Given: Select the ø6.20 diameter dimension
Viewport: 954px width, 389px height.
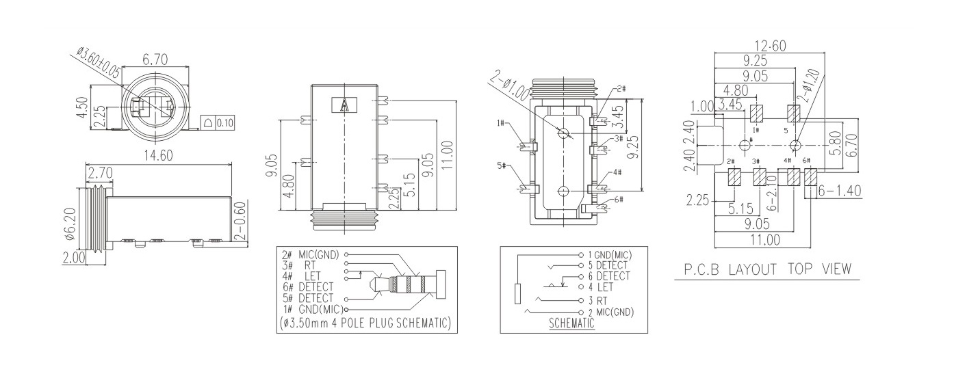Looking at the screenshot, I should [x=70, y=222].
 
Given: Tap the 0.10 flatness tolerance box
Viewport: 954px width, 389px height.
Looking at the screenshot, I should [x=224, y=123].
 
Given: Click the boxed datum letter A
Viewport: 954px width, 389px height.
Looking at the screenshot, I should [x=344, y=105].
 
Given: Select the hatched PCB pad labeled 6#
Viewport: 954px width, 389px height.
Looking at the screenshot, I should [x=811, y=178].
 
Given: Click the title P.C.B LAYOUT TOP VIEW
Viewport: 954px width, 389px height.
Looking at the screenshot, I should [x=769, y=269].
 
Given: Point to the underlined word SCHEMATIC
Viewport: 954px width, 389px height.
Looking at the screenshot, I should [x=572, y=324].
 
